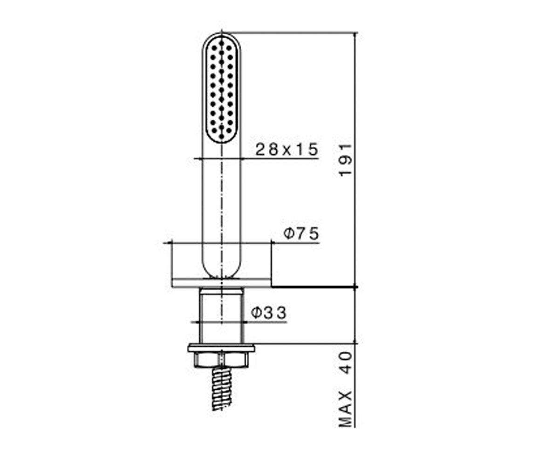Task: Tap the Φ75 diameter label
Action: coord(301,233)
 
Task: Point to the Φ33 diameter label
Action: coord(269,313)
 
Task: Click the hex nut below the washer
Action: coord(221,360)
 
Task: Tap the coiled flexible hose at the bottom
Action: coord(221,388)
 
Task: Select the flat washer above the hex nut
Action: coord(221,348)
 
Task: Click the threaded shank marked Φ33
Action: coord(221,315)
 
